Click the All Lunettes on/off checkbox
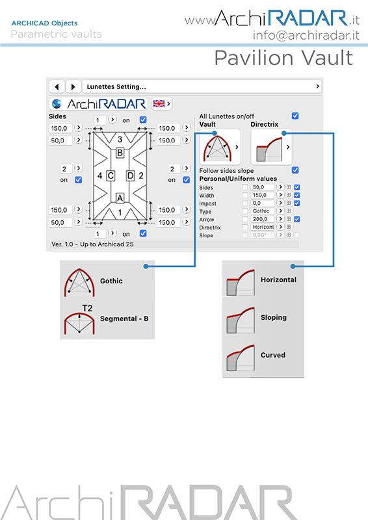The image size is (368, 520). pyautogui.click(x=295, y=116)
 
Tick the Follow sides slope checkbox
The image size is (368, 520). pyautogui.click(x=295, y=170)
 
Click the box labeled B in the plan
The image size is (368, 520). pyautogui.click(x=120, y=153)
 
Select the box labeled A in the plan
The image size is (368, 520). pyautogui.click(x=120, y=198)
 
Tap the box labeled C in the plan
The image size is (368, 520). pyautogui.click(x=111, y=175)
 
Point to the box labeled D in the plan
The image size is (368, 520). pyautogui.click(x=131, y=175)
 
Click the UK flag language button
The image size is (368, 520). pyautogui.click(x=162, y=104)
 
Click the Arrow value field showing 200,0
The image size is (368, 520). pyautogui.click(x=262, y=219)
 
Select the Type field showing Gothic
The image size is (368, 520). pyautogui.click(x=262, y=211)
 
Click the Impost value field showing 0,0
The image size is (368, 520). pyautogui.click(x=262, y=203)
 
